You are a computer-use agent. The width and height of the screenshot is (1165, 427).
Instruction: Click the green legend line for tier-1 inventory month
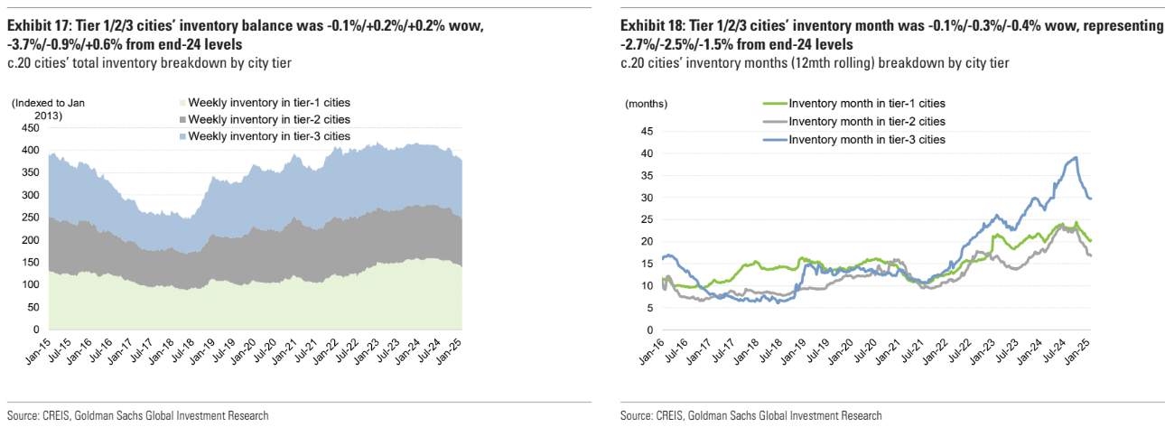point(775,104)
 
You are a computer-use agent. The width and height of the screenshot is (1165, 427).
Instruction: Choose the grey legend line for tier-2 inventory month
point(775,121)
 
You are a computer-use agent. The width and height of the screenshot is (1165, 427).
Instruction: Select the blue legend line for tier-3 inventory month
point(775,139)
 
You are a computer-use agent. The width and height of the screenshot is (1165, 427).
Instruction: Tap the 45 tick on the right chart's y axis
point(645,131)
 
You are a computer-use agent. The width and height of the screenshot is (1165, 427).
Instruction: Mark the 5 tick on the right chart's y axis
point(648,307)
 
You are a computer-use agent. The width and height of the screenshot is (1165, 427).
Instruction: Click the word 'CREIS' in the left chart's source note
point(57,415)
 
